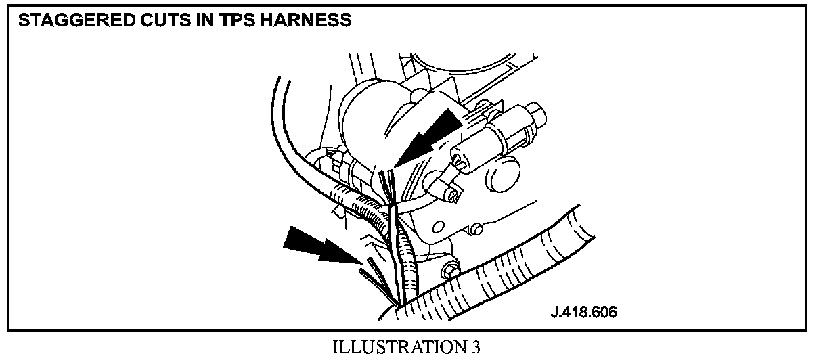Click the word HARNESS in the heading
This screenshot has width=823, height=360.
tap(309, 21)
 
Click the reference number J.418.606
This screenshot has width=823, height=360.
tap(583, 313)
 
